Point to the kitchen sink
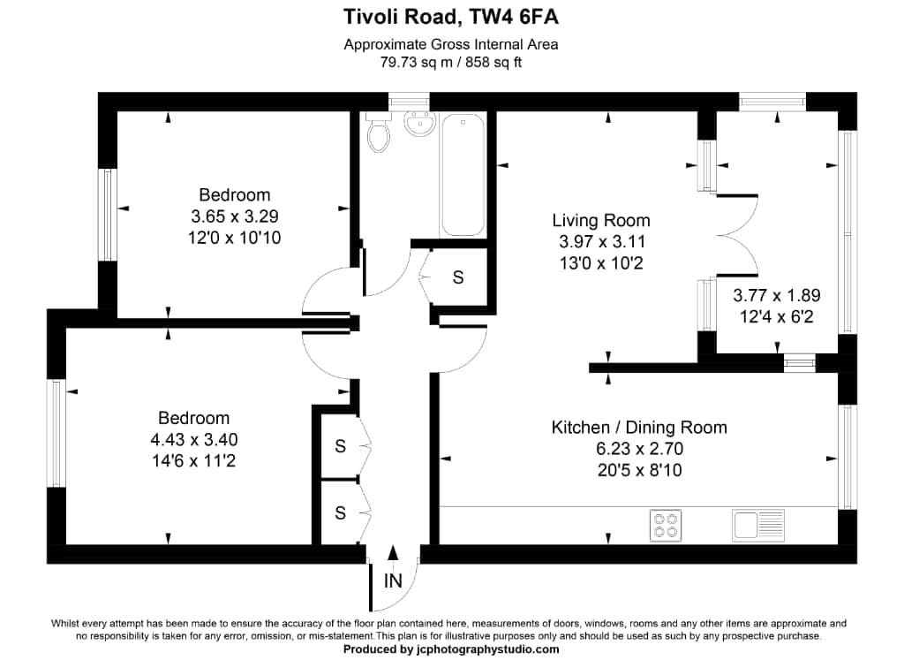758,525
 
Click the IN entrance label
393,580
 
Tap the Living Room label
600,221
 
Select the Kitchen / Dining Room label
639,428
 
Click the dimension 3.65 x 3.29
234,216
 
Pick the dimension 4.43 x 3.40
194,439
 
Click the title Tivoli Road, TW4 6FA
451,17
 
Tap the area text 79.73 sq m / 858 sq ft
451,62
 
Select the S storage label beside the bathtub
457,277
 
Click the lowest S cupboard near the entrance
340,512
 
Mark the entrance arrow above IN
393,554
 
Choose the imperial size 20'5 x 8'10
639,470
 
